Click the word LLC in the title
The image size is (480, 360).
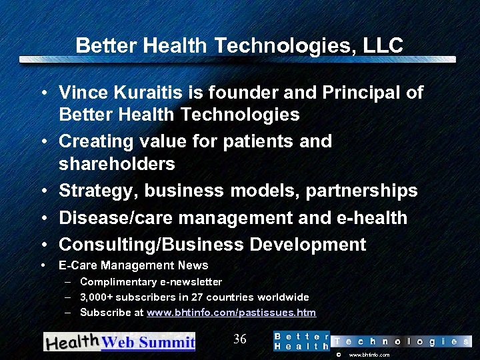pyautogui.click(x=383, y=45)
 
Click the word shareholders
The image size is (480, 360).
pyautogui.click(x=117, y=164)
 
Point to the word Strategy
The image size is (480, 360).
pyautogui.click(x=97, y=191)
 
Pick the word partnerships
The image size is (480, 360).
pyautogui.click(x=361, y=191)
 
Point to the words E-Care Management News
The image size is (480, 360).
pyautogui.click(x=133, y=266)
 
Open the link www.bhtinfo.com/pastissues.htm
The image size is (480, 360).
pyautogui.click(x=231, y=313)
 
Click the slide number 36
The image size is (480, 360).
pyautogui.click(x=240, y=339)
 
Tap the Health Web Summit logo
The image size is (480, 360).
pyautogui.click(x=119, y=341)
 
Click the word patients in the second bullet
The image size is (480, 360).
pyautogui.click(x=251, y=141)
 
